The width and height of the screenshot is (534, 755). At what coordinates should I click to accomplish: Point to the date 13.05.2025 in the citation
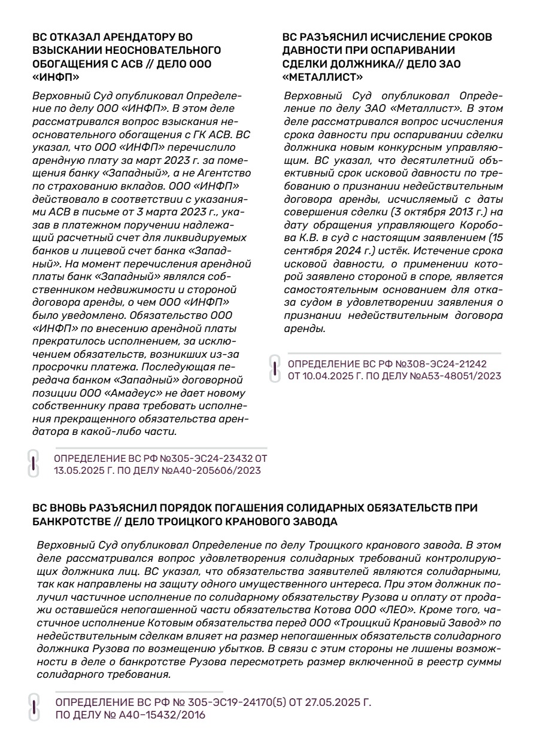pyautogui.click(x=76, y=470)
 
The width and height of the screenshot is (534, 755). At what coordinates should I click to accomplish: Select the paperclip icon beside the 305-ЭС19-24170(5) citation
pyautogui.click(x=34, y=707)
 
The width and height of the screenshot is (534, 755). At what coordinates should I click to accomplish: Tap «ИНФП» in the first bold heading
pyautogui.click(x=56, y=77)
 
